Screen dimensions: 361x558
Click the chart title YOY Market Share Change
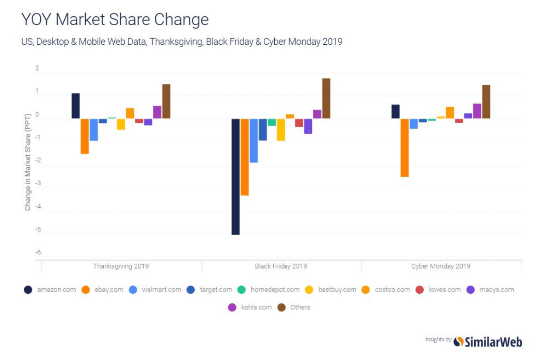pos(115,20)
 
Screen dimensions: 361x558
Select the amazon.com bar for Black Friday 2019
pos(235,176)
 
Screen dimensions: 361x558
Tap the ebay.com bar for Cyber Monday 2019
pos(404,148)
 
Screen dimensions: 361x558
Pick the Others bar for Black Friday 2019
pos(326,99)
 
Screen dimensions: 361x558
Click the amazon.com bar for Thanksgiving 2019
pos(75,106)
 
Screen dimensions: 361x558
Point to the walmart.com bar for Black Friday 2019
pos(254,140)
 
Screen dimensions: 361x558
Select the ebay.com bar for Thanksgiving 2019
pos(84,136)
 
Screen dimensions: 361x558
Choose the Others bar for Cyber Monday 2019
pos(486,101)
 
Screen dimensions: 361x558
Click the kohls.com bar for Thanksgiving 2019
pos(157,112)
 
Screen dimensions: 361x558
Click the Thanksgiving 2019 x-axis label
pos(120,266)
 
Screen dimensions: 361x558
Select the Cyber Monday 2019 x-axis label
pos(440,266)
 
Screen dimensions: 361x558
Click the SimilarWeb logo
pos(488,341)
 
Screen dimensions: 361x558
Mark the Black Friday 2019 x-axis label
pos(281,266)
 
